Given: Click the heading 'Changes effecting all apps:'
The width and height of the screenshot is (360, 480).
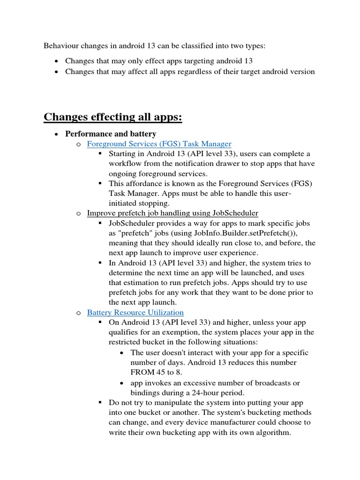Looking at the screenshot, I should pos(113,117).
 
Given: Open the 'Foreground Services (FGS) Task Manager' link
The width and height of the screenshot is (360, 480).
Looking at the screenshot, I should pos(159,144).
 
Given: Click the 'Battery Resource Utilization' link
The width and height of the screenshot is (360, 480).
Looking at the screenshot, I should pos(135,312).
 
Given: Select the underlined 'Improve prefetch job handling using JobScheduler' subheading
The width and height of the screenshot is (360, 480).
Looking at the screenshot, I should pos(172,213).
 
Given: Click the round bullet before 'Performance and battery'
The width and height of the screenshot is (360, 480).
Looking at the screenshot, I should pos(56,135).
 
